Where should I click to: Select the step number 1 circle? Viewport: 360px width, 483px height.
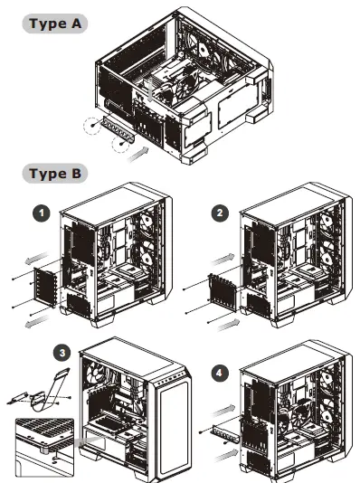pyautogui.click(x=40, y=213)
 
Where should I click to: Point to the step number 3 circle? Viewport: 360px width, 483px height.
pyautogui.click(x=62, y=353)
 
